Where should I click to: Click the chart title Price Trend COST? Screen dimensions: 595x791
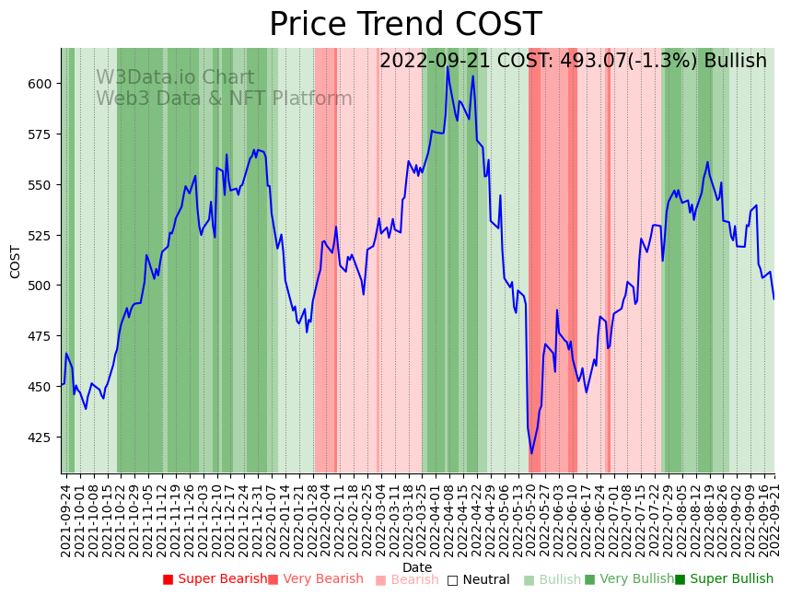[x=405, y=25]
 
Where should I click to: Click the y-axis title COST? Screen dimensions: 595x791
[x=16, y=262]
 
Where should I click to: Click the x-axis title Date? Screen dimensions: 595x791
[x=417, y=567]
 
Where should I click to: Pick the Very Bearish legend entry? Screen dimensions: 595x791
[x=315, y=579]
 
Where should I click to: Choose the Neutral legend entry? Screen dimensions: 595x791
[x=478, y=579]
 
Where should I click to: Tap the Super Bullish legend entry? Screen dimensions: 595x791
[x=724, y=579]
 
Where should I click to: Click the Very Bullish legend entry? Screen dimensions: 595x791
[x=629, y=579]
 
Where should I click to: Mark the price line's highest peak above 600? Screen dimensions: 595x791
[x=448, y=67]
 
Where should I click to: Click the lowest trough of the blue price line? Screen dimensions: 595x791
[x=531, y=453]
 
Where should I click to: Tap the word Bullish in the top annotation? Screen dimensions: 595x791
[x=735, y=62]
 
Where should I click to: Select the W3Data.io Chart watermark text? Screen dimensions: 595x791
[x=175, y=78]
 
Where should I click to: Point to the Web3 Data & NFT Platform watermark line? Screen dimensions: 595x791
[x=224, y=99]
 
